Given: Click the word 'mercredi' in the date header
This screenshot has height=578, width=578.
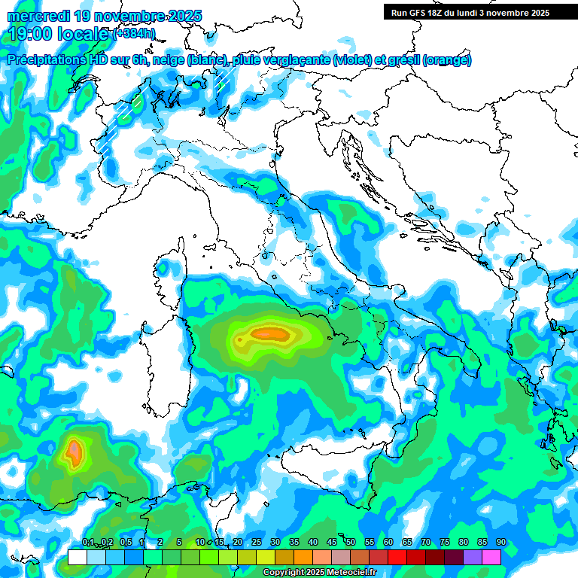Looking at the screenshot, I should tap(39, 16).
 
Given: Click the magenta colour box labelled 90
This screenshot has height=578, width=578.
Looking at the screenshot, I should tap(491, 557).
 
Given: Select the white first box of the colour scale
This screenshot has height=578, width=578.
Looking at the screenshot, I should tap(77, 557).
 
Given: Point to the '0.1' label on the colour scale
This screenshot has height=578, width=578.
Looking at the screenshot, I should tap(88, 543).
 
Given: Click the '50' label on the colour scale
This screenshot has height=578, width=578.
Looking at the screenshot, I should tap(351, 543).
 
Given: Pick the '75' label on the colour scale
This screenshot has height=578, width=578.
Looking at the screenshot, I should tap(445, 543).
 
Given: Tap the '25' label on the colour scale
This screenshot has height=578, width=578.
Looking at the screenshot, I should tap(257, 543).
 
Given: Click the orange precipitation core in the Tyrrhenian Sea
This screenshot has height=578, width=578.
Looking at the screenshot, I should tap(270, 333).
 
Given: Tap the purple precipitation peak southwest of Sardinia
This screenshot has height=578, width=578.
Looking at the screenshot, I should tap(74, 452).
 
